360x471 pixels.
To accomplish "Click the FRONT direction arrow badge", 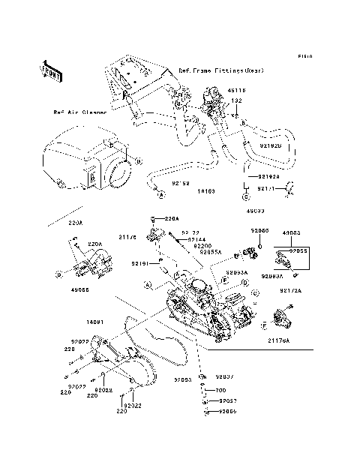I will [x=51, y=71].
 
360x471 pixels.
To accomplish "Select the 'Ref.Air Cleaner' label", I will [x=79, y=112].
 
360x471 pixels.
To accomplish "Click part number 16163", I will [x=208, y=191].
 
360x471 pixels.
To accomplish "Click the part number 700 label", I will [x=220, y=391].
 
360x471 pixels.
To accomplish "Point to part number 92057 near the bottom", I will [x=227, y=401].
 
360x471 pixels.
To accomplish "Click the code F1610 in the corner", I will [x=304, y=55].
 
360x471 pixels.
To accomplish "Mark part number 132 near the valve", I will [x=235, y=100].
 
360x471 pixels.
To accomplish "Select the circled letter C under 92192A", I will [x=244, y=196].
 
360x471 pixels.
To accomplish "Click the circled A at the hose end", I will [x=160, y=194].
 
